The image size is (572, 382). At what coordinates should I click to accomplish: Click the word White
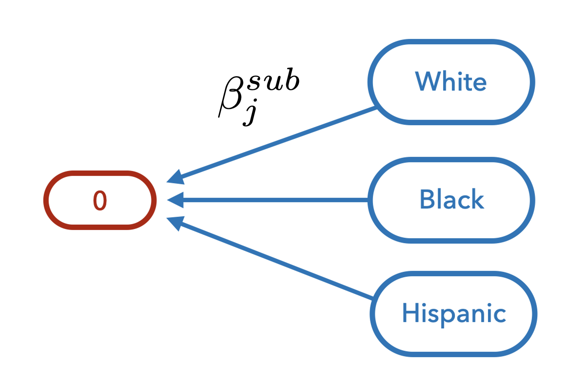pyautogui.click(x=451, y=82)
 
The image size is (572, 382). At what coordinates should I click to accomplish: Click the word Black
pyautogui.click(x=452, y=200)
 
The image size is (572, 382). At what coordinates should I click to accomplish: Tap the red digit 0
pyautogui.click(x=100, y=201)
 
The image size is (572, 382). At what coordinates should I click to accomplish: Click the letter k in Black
pyautogui.click(x=476, y=200)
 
